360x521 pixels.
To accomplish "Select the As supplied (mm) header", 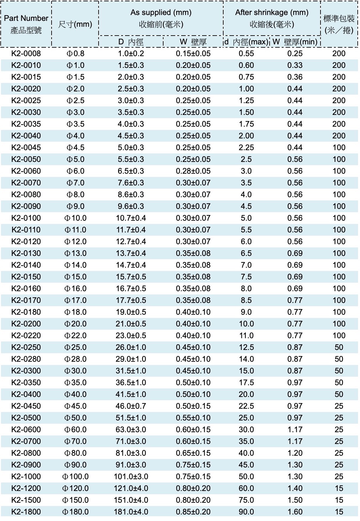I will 161,12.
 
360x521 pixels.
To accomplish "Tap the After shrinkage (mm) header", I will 272,12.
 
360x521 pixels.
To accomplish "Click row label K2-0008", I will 26,54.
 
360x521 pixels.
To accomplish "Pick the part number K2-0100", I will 26,218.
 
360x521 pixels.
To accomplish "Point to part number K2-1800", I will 26,512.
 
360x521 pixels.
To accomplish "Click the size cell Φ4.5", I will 75,148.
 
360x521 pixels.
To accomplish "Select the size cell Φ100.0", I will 75,477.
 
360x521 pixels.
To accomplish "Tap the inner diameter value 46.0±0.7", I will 131,406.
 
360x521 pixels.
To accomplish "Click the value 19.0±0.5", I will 131,312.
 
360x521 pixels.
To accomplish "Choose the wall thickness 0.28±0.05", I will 193,171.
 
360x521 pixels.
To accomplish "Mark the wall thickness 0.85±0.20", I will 193,512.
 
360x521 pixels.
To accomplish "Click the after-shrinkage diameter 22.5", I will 246,406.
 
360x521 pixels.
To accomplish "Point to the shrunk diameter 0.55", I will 246,54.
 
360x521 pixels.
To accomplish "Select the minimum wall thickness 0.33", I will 295,65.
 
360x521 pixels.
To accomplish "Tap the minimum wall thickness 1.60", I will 295,512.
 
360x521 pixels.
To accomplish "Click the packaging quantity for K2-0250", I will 339,347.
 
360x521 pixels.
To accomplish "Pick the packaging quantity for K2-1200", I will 339,488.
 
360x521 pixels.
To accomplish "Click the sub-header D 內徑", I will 131,42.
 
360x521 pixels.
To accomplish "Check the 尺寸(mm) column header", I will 75,24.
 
